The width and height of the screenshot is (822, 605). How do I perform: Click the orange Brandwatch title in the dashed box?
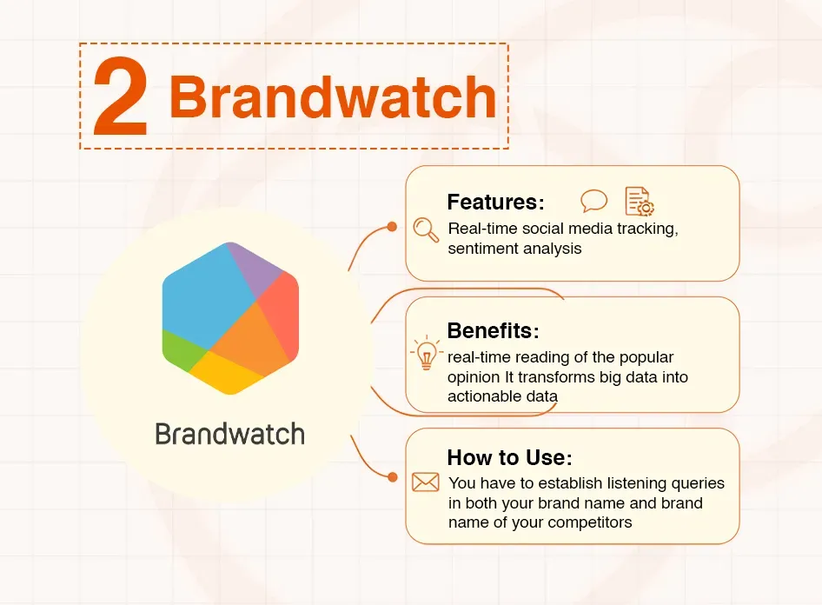(332, 98)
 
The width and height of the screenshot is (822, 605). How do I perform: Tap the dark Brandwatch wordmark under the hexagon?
(230, 434)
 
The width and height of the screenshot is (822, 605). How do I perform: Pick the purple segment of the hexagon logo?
(255, 265)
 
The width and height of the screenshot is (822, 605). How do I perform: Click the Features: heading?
(495, 203)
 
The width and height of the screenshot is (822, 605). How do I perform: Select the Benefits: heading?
(493, 331)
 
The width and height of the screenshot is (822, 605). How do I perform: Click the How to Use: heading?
(509, 458)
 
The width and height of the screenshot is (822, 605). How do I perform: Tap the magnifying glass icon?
(426, 229)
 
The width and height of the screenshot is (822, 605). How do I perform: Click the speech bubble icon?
(594, 202)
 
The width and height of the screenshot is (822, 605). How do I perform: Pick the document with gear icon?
(640, 202)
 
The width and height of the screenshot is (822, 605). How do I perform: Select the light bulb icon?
(426, 355)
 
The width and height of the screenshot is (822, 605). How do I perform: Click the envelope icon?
(426, 482)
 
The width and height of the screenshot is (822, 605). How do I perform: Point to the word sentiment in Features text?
(480, 249)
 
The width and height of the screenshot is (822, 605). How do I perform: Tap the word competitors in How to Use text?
(591, 522)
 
